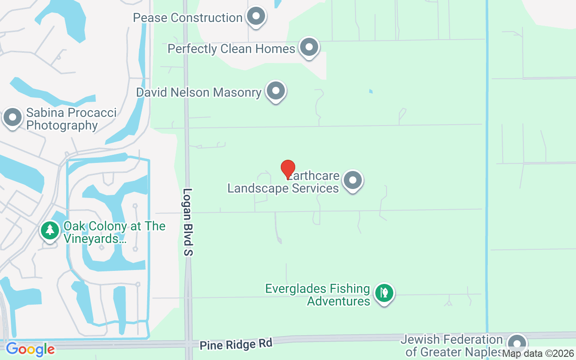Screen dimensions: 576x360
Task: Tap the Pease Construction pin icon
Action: [256, 17]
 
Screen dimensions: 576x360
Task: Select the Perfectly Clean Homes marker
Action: [309, 47]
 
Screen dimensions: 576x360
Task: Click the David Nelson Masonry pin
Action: [276, 91]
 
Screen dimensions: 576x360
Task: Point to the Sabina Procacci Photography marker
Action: [13, 117]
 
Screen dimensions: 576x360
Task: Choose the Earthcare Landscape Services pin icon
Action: [353, 180]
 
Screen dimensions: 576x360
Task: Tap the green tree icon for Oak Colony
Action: [50, 230]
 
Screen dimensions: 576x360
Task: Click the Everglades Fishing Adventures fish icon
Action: [384, 293]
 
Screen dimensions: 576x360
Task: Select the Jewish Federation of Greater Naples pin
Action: [517, 344]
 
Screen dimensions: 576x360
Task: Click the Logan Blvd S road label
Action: [188, 222]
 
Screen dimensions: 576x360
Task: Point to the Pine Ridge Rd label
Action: [236, 344]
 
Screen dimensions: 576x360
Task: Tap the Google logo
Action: [30, 349]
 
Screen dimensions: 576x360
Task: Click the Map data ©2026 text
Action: [538, 354]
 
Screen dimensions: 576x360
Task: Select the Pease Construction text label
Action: [188, 18]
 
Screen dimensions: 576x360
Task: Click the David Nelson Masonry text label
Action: [198, 93]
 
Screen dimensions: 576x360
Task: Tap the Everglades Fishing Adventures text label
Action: [318, 295]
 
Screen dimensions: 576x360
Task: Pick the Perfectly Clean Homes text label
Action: [231, 49]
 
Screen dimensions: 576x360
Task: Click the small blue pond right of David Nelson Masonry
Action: [371, 91]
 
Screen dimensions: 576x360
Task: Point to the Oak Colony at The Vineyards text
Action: [114, 232]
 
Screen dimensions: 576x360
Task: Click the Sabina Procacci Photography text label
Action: [71, 119]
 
